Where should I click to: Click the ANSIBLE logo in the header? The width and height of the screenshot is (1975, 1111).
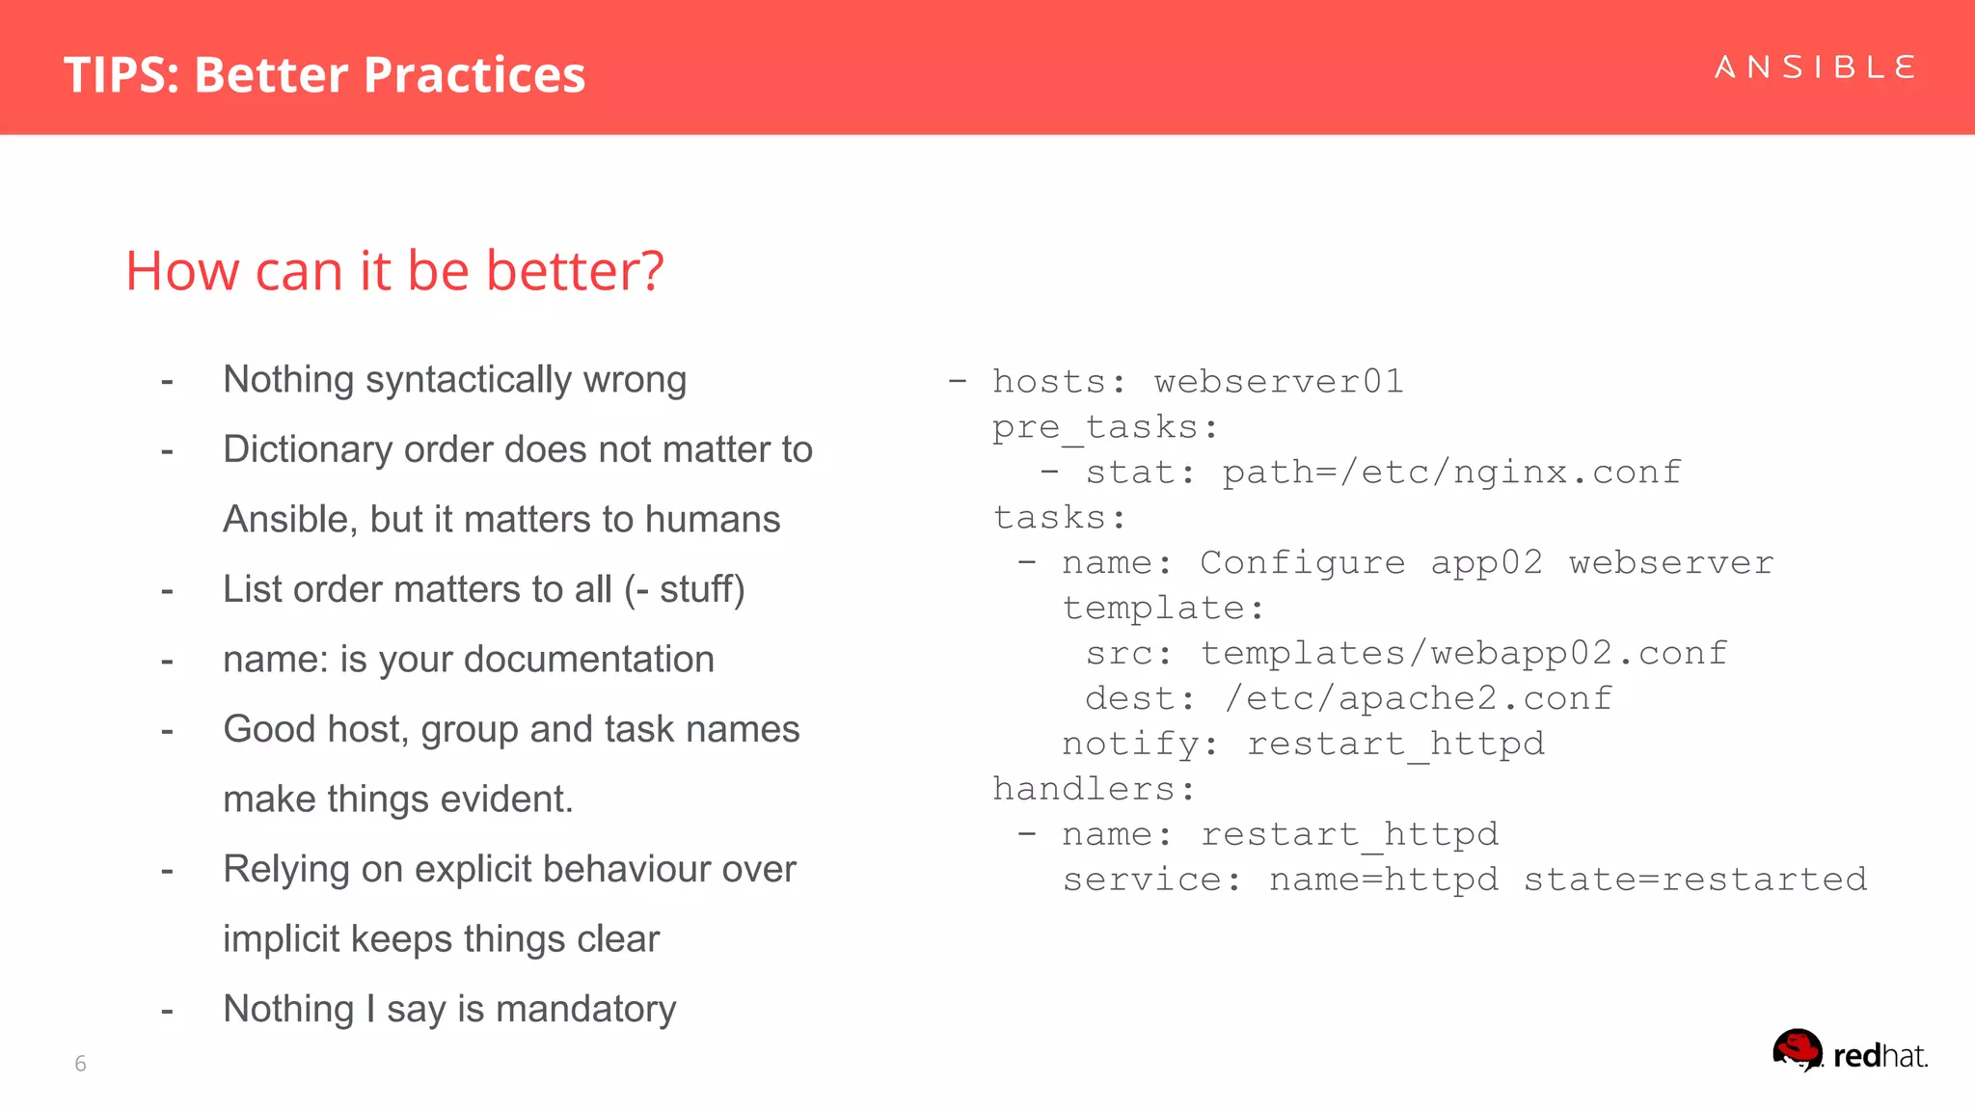[1815, 68]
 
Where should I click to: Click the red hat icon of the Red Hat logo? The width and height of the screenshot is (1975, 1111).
[1798, 1050]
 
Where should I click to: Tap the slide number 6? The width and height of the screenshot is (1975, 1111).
[80, 1064]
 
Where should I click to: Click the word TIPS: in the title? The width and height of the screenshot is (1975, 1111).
[122, 75]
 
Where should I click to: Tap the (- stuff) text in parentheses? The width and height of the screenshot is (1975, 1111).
[684, 589]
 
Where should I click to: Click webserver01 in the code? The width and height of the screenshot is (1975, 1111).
[1279, 382]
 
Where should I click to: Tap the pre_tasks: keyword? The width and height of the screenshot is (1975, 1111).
[1105, 427]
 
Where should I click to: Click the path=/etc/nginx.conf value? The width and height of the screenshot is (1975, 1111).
[1451, 473]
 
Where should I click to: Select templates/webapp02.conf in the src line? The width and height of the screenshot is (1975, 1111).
[1463, 654]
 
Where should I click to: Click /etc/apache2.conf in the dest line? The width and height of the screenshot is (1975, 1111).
[1418, 699]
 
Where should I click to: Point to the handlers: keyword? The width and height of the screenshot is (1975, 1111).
[1094, 790]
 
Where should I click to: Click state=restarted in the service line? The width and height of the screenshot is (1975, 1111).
[1694, 880]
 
